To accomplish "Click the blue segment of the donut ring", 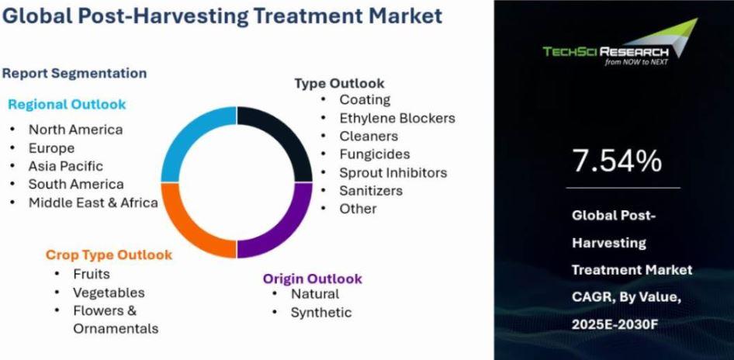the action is click(x=179, y=133).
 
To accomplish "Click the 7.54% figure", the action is click(x=618, y=161).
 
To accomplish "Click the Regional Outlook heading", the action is click(x=67, y=105).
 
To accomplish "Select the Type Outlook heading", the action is click(x=339, y=83).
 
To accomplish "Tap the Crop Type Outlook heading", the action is click(x=109, y=255).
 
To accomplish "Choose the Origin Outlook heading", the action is click(x=312, y=279).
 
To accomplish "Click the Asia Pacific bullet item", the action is click(x=65, y=166).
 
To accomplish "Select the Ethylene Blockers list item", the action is click(x=397, y=118).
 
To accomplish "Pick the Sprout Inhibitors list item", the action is click(x=393, y=173).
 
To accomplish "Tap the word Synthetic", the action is click(x=321, y=312).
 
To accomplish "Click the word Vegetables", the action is click(x=109, y=292).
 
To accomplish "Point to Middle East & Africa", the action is click(x=93, y=202).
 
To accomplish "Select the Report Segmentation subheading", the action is click(x=74, y=74).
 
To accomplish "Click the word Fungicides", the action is click(x=375, y=154).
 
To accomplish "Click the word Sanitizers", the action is click(x=371, y=191).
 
